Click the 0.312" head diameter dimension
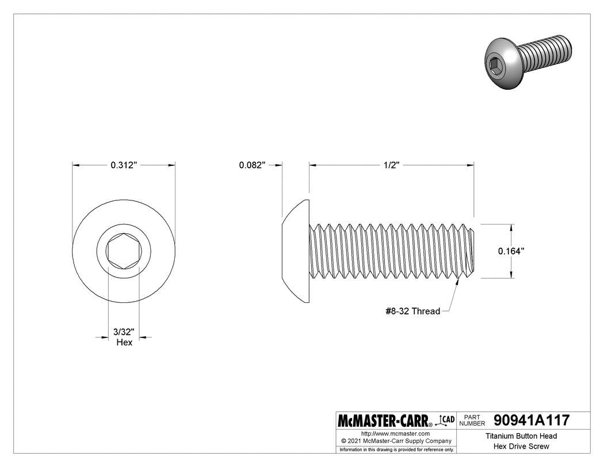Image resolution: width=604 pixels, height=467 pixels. [x=123, y=165]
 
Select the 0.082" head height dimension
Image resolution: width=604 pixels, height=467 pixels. [x=252, y=165]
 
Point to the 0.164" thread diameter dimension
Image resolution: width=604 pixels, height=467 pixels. [x=511, y=251]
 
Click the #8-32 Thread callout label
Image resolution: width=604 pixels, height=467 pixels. [x=412, y=312]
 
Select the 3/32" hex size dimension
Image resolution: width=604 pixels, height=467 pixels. [x=124, y=332]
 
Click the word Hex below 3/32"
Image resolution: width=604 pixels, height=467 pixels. [x=124, y=343]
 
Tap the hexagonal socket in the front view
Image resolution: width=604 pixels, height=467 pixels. [x=124, y=251]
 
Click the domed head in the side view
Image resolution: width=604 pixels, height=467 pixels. [x=296, y=251]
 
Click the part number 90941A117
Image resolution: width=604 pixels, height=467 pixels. [x=532, y=420]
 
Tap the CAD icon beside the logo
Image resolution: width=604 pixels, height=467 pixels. [x=446, y=420]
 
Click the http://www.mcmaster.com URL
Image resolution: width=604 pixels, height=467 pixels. [x=395, y=433]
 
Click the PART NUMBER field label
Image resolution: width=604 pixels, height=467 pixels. [x=473, y=420]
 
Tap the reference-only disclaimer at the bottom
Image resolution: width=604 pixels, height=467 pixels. [x=397, y=449]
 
